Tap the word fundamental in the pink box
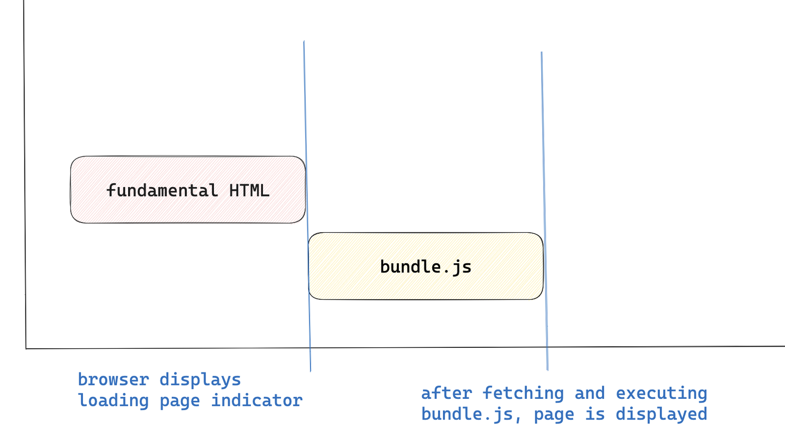tap(162, 191)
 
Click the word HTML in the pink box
tap(249, 191)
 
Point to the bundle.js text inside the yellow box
tap(425, 267)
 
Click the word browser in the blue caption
tap(113, 380)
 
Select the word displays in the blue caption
tap(200, 380)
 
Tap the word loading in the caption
tap(113, 401)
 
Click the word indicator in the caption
tap(257, 401)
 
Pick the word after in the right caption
tap(446, 393)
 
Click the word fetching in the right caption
tap(523, 393)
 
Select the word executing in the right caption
tap(661, 393)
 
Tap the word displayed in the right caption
tap(661, 415)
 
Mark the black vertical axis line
tap(25, 147)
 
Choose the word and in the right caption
tap(589, 393)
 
